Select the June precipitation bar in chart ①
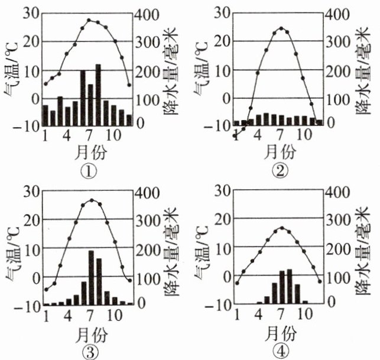(x=83, y=98)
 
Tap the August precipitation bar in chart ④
(x=290, y=287)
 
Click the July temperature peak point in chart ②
(x=282, y=28)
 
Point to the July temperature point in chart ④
(x=282, y=228)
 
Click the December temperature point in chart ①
(x=129, y=85)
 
